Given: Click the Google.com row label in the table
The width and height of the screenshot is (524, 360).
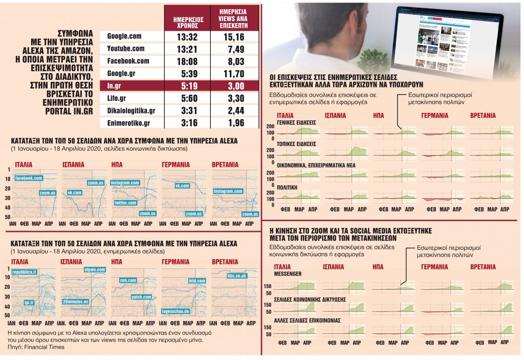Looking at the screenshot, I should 124,36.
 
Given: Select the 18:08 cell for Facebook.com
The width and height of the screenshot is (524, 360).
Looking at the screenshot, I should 186,60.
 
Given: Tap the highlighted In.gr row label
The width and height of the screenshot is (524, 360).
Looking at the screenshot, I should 114,86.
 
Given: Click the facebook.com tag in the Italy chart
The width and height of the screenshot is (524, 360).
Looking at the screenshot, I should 28,178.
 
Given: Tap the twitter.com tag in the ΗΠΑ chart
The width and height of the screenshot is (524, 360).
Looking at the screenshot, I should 126,203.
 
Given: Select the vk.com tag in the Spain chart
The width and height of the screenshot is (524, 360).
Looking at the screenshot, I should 74,193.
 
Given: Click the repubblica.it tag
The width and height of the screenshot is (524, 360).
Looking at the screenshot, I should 24,272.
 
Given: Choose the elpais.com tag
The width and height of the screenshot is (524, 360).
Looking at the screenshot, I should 94,269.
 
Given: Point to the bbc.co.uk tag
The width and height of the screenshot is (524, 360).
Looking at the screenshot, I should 237,276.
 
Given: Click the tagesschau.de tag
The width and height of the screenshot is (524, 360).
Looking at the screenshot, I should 176,311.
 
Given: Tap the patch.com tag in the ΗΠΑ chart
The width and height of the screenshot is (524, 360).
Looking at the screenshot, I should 141,297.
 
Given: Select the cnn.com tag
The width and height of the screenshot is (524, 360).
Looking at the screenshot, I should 127,280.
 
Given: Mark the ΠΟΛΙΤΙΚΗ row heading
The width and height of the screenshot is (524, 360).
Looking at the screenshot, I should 288,187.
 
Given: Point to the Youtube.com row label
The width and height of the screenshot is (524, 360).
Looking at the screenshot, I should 126,48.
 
